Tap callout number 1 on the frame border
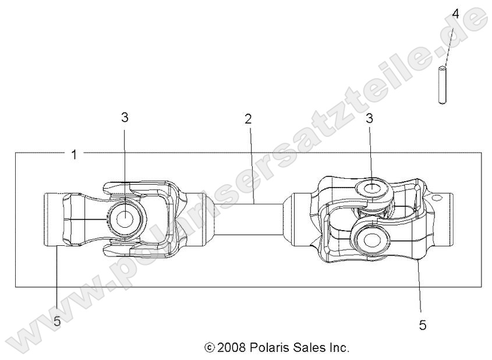[x=73, y=154]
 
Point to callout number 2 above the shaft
[x=248, y=119]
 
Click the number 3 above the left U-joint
[x=125, y=117]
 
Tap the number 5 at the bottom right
[x=423, y=325]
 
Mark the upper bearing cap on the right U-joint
[x=370, y=188]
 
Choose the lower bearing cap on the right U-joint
[x=370, y=239]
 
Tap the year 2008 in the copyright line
[x=232, y=348]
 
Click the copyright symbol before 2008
[x=210, y=348]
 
